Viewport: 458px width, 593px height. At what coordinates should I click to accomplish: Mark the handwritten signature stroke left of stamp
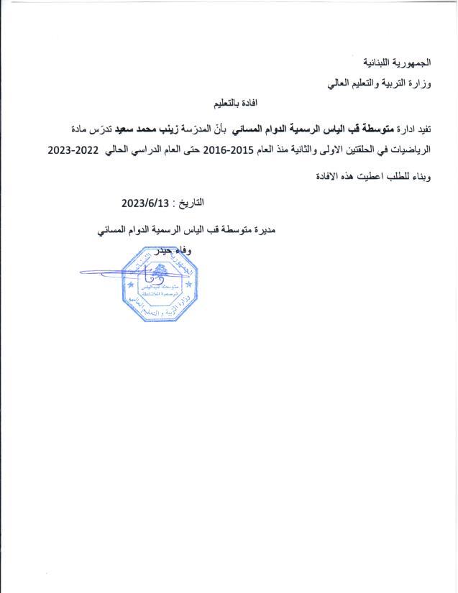[101, 273]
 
